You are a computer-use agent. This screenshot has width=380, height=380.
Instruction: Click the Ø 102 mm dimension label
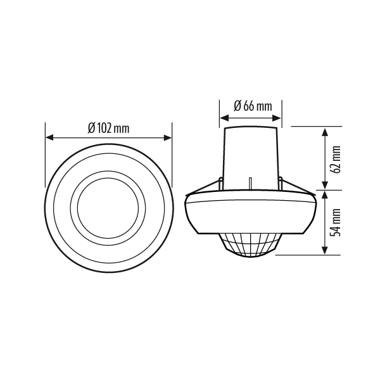point(108,128)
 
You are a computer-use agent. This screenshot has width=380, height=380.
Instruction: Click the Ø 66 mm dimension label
point(253,106)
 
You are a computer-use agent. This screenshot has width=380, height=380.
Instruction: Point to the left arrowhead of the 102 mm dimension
point(49,137)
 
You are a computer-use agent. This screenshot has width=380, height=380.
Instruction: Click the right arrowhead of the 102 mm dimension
point(168,137)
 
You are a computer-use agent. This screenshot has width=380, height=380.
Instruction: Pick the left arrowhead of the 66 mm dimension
point(224,118)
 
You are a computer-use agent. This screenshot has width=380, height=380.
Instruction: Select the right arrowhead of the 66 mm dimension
point(277,118)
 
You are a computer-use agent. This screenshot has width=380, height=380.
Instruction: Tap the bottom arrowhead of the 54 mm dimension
point(324,250)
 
